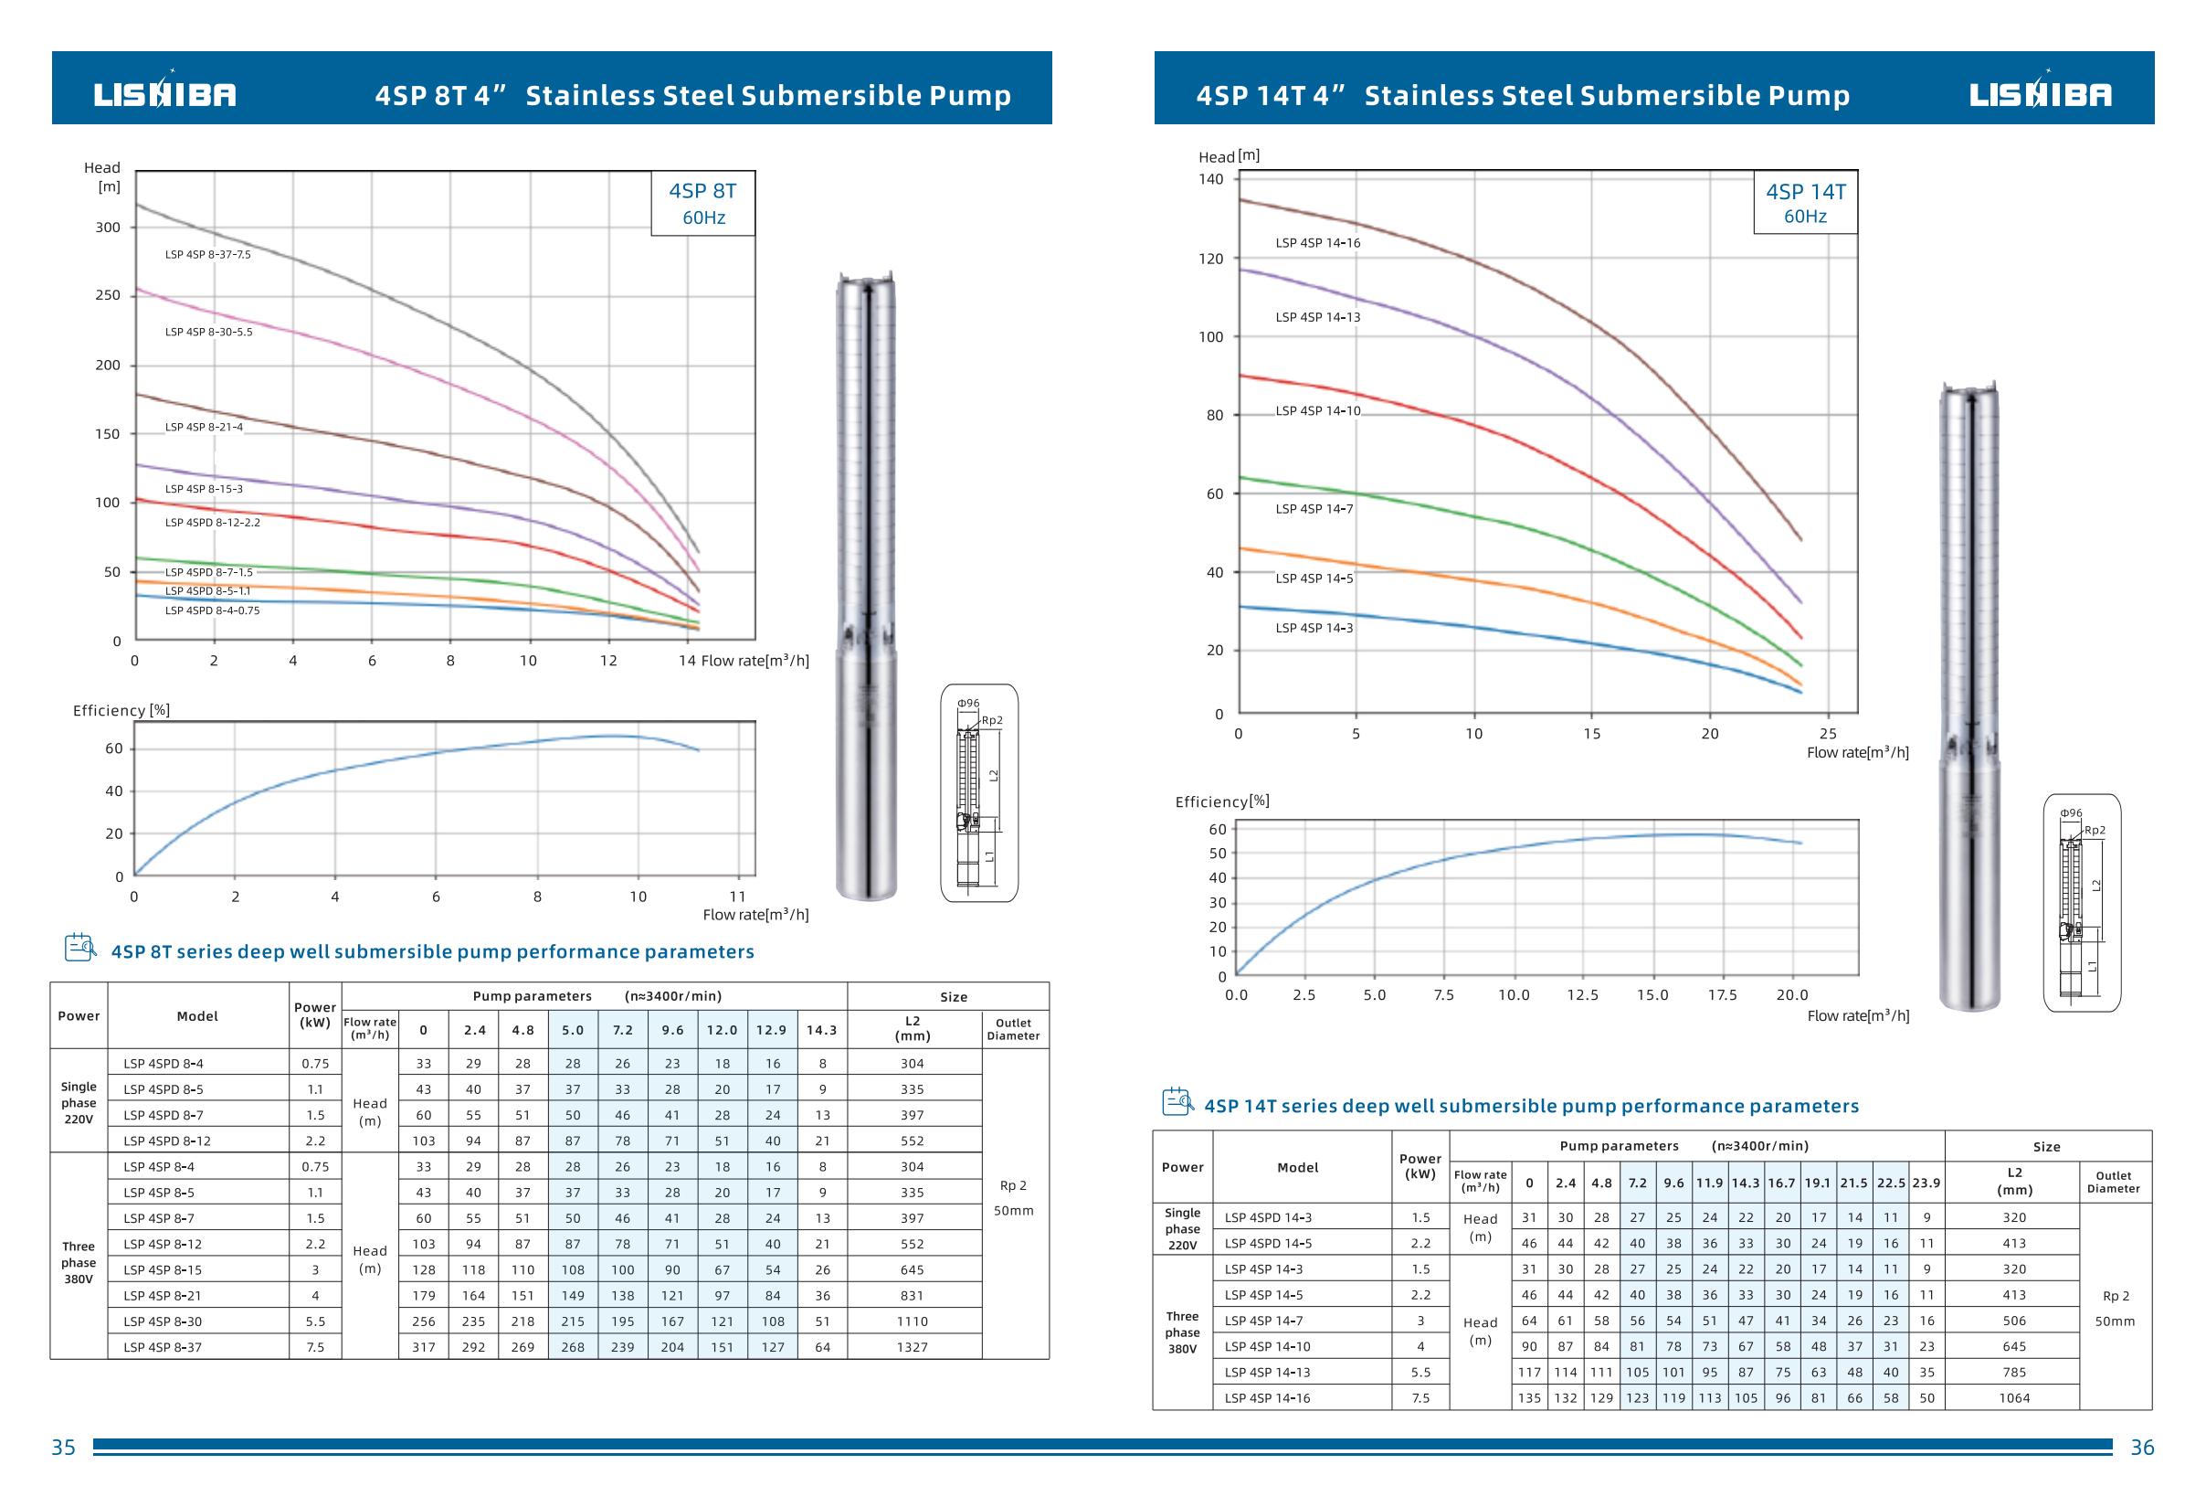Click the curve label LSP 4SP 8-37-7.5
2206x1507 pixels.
click(208, 254)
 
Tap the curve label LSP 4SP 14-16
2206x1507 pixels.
click(1317, 243)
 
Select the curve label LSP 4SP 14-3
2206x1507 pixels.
click(1314, 628)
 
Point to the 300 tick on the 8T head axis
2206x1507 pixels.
click(108, 228)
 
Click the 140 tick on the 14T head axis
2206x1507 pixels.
click(1211, 179)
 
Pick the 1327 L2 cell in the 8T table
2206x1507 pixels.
click(913, 1347)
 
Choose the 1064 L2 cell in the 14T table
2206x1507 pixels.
click(2014, 1398)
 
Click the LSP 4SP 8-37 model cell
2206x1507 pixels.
click(163, 1347)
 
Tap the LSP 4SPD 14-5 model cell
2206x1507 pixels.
click(1268, 1243)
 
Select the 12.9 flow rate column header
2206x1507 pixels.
click(772, 1030)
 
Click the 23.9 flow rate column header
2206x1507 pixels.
click(1926, 1183)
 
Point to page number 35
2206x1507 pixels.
click(64, 1449)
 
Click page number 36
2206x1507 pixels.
click(2142, 1449)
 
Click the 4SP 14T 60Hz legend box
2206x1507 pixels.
click(1805, 203)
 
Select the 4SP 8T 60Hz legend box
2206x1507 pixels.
click(703, 203)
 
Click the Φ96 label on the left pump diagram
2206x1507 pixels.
click(968, 704)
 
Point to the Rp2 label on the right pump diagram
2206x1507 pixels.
click(2095, 830)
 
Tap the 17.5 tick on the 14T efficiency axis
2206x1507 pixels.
click(1722, 995)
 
